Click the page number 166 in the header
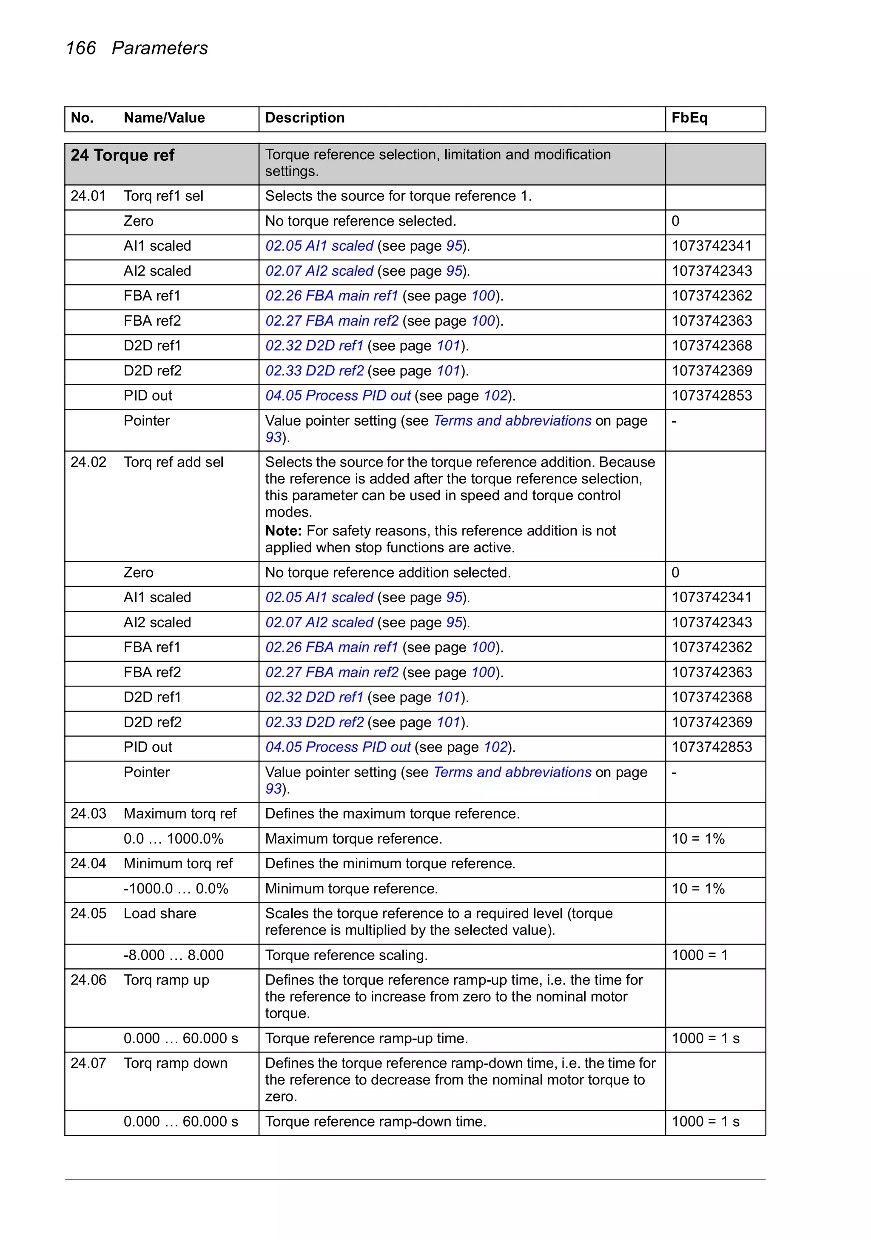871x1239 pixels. tap(80, 48)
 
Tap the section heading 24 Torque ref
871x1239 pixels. tap(122, 155)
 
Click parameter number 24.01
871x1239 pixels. tap(88, 196)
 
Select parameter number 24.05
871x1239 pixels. tap(88, 913)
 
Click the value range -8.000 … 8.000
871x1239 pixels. tap(173, 955)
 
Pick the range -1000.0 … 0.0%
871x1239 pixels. tap(175, 888)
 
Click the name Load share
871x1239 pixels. tap(159, 913)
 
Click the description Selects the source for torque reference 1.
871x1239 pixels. tap(398, 196)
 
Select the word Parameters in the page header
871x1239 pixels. tap(159, 48)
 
